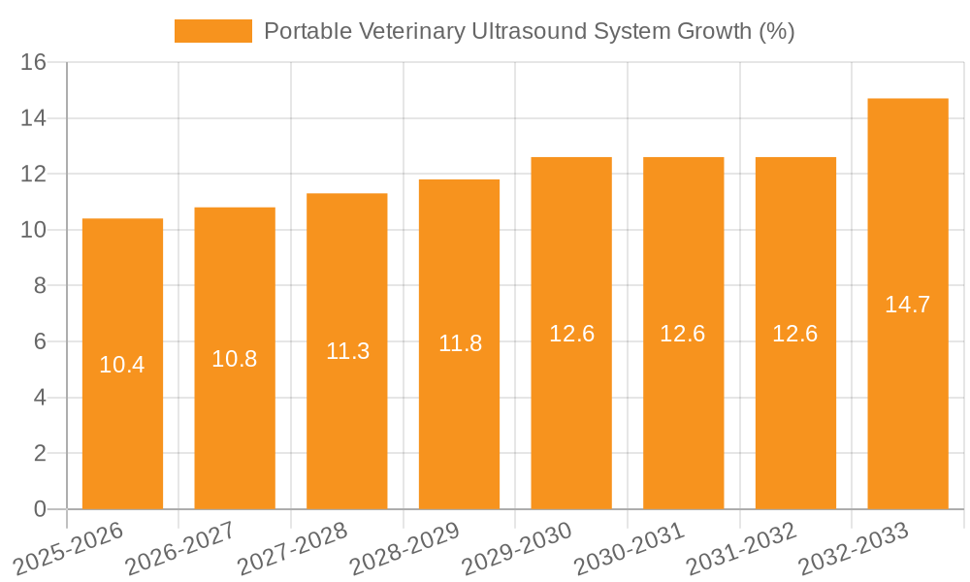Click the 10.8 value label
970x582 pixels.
235,359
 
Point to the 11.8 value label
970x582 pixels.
460,343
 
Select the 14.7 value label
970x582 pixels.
907,305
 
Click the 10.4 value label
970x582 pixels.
122,365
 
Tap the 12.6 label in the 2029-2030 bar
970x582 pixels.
571,334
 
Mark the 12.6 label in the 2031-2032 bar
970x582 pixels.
795,334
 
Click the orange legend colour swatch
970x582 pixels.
212,31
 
